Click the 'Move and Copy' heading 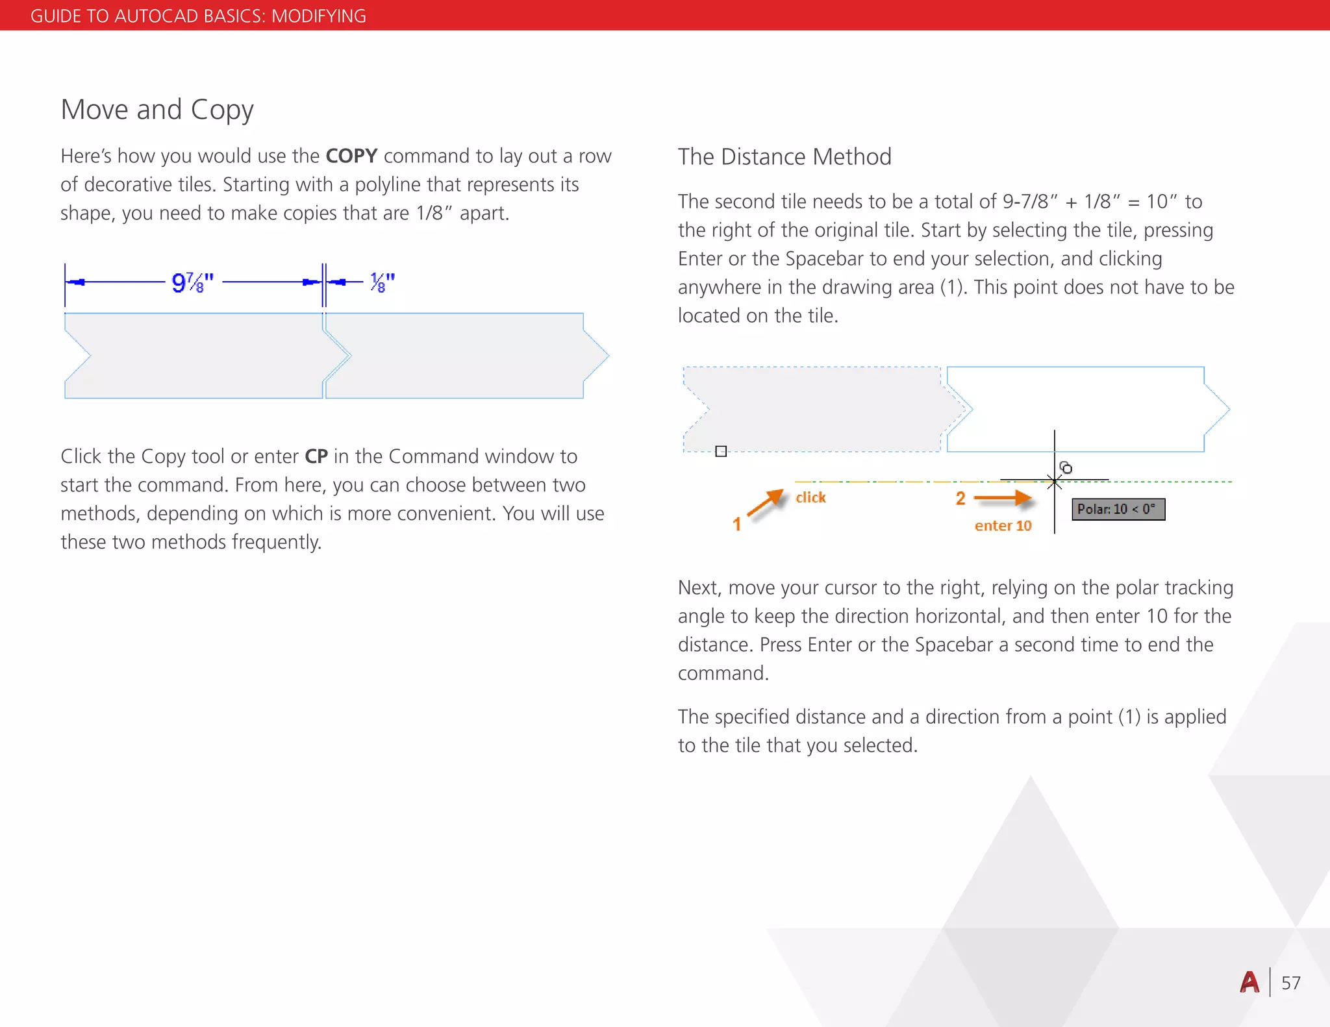[157, 110]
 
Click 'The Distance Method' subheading [784, 157]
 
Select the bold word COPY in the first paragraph [351, 156]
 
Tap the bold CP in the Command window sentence [316, 456]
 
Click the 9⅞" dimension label [193, 283]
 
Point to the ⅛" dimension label [382, 283]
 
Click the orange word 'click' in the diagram [810, 497]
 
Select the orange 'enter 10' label [1003, 526]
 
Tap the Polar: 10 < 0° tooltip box [1118, 509]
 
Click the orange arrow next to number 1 [766, 502]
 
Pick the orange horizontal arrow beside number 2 [1003, 499]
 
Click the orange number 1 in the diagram [737, 524]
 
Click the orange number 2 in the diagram [960, 499]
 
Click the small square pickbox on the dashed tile [721, 451]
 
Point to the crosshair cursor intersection [1055, 481]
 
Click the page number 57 [1290, 983]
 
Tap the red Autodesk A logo [1249, 982]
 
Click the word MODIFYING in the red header [318, 16]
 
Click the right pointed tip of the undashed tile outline [1229, 410]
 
